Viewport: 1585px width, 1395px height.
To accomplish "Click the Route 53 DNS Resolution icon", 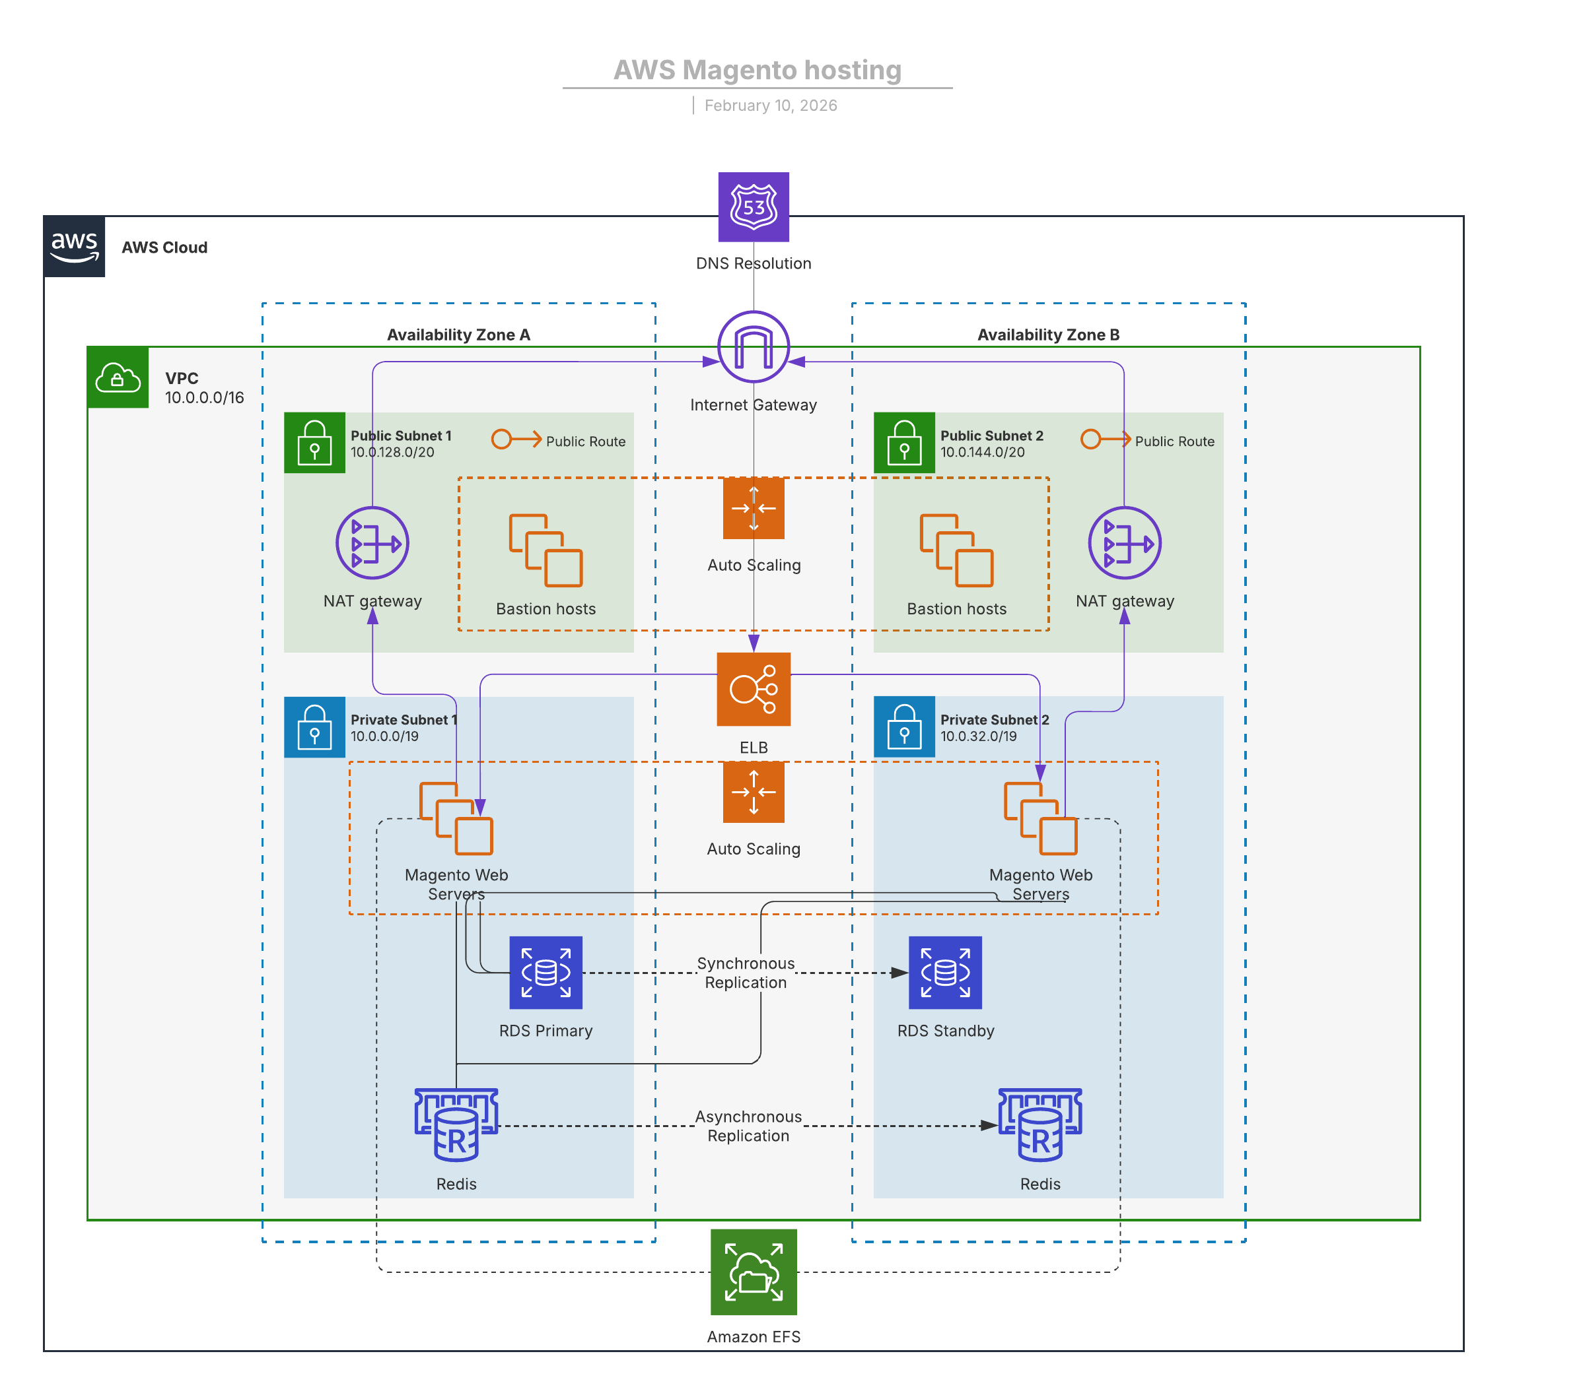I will click(x=753, y=207).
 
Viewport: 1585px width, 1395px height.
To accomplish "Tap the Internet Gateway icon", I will click(x=753, y=346).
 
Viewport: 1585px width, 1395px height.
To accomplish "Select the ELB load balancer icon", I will click(x=753, y=689).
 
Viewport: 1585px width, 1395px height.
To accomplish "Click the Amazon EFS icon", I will click(x=753, y=1272).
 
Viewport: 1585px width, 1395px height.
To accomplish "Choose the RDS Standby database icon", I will click(x=944, y=972).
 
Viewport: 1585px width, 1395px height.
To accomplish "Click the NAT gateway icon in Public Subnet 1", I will click(x=372, y=542).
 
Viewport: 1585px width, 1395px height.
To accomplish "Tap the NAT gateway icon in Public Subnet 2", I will click(x=1125, y=542).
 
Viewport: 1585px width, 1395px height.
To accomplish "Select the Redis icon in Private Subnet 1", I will click(x=456, y=1124).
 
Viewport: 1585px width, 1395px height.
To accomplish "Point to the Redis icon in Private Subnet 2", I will click(x=1040, y=1124).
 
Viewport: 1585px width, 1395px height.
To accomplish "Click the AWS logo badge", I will click(x=75, y=246).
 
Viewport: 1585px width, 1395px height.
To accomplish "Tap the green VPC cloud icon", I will click(x=118, y=377).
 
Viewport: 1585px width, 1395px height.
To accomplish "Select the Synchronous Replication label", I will click(x=745, y=973).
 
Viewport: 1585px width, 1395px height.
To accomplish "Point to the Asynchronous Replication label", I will click(x=748, y=1125).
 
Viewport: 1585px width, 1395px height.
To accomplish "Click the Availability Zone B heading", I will click(x=1047, y=335).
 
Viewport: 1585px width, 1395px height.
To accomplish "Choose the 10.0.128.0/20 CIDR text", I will click(x=392, y=452).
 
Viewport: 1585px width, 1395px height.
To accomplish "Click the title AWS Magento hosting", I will click(x=757, y=70).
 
